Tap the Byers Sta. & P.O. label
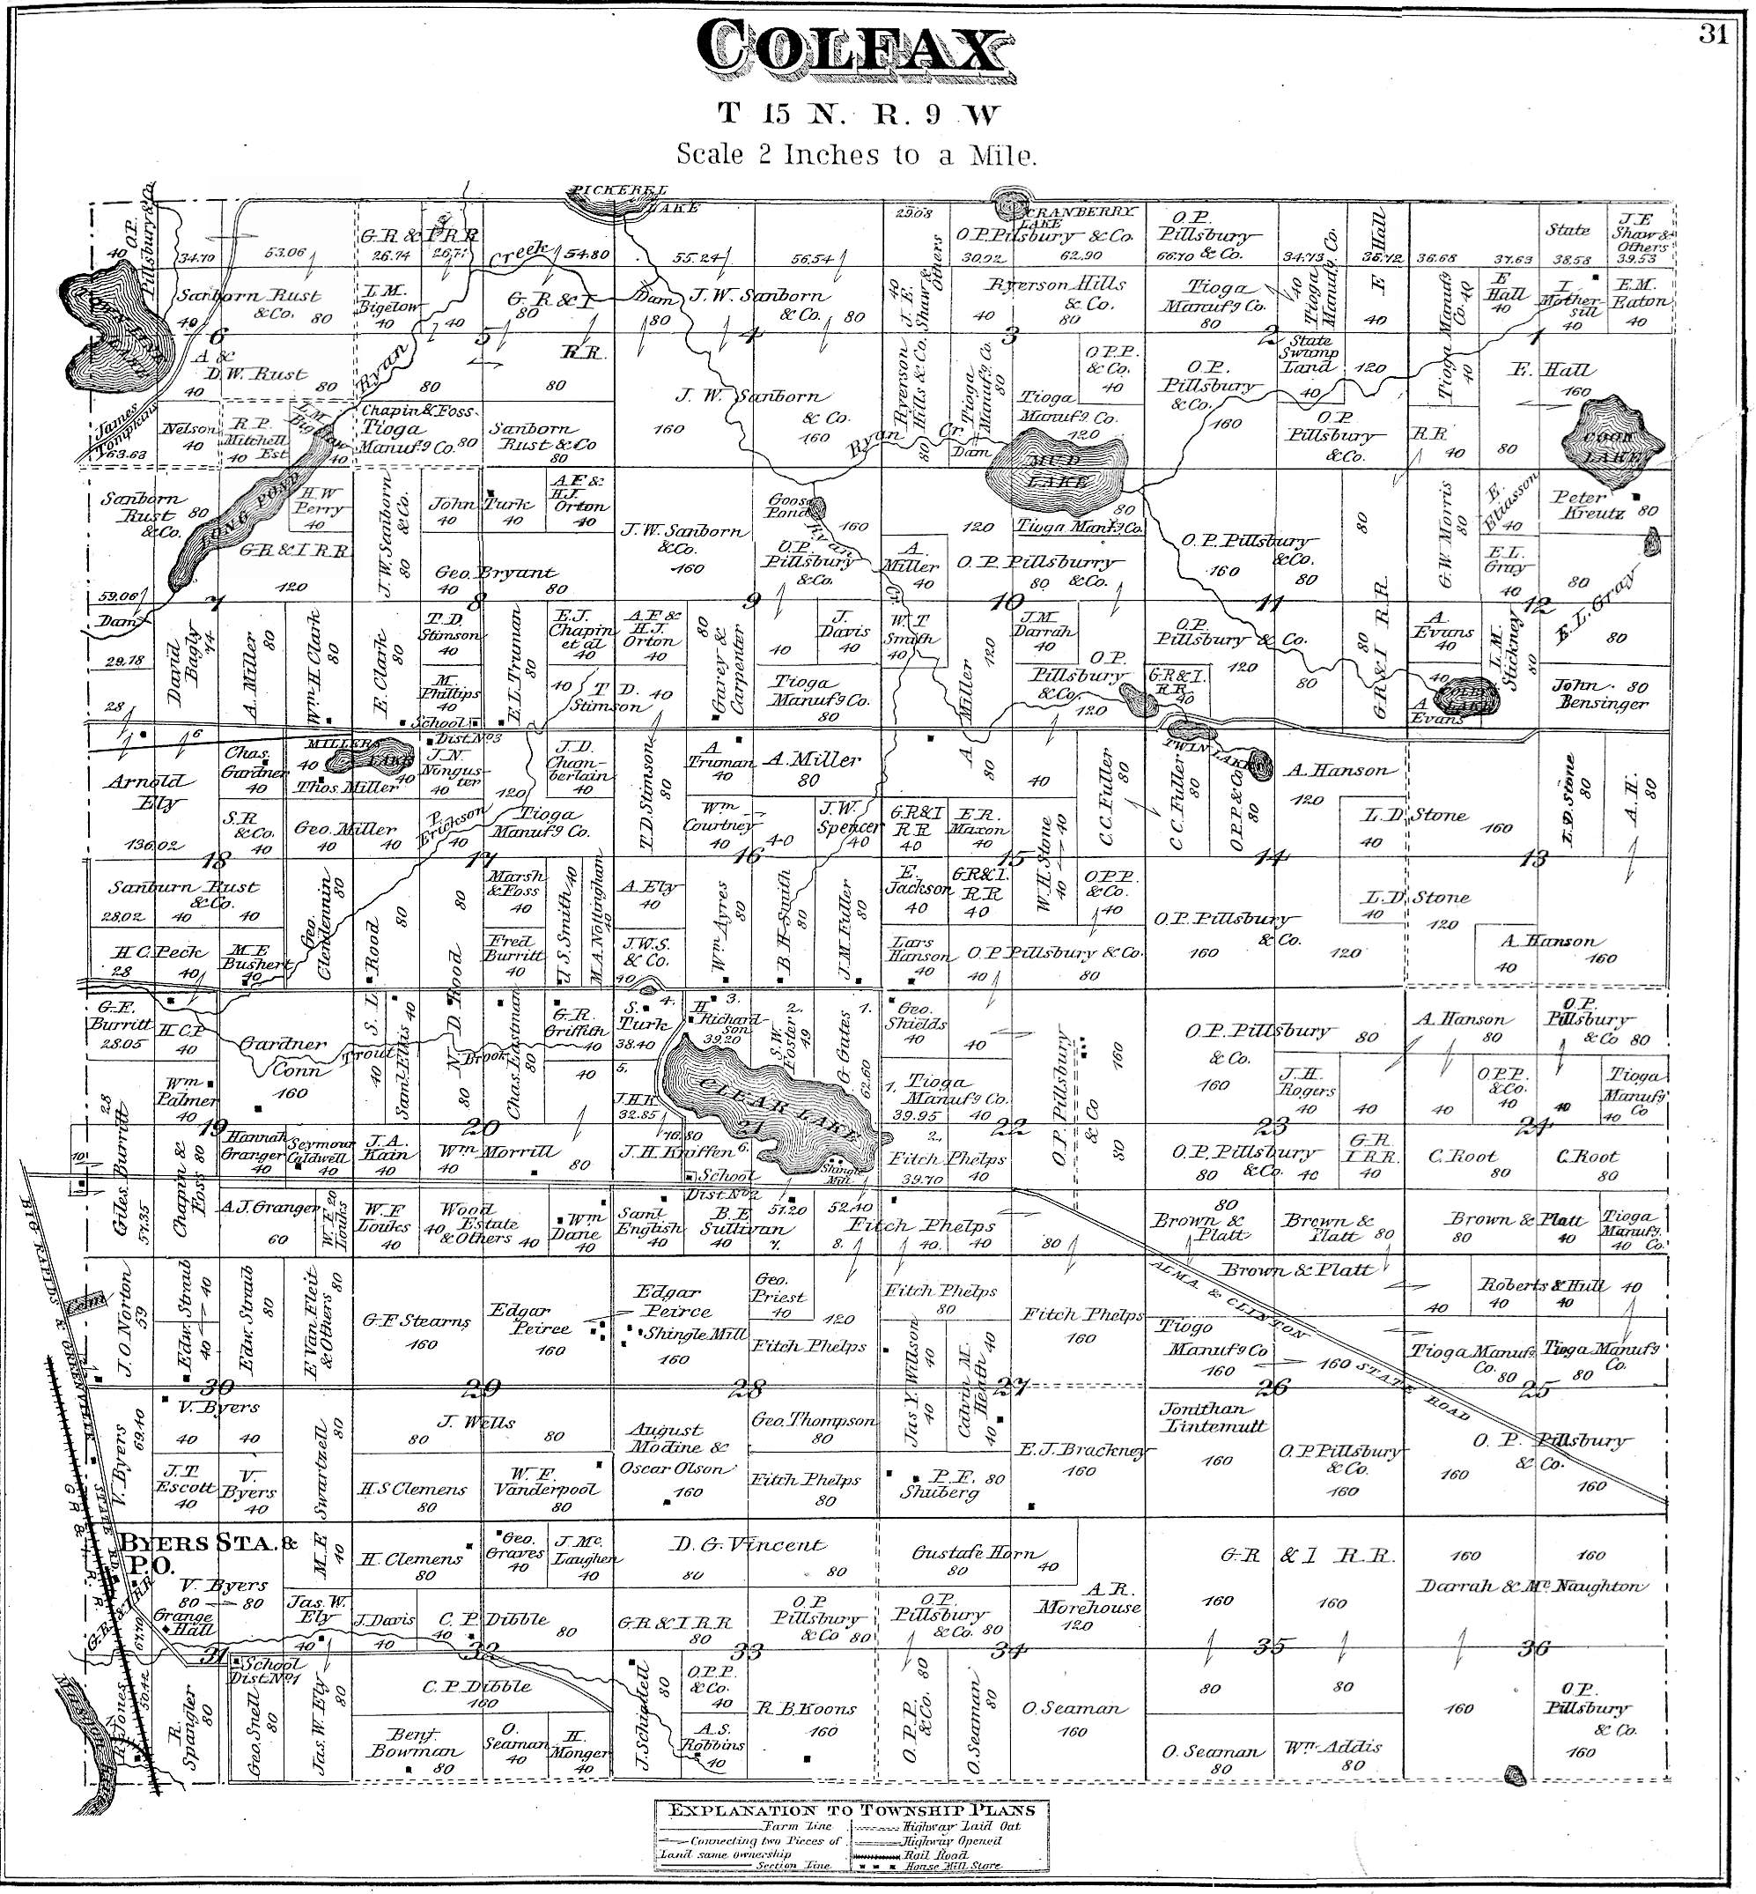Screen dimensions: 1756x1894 coord(200,1555)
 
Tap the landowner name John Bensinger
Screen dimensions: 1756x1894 coord(1599,695)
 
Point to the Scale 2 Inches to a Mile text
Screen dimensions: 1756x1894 coord(855,155)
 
